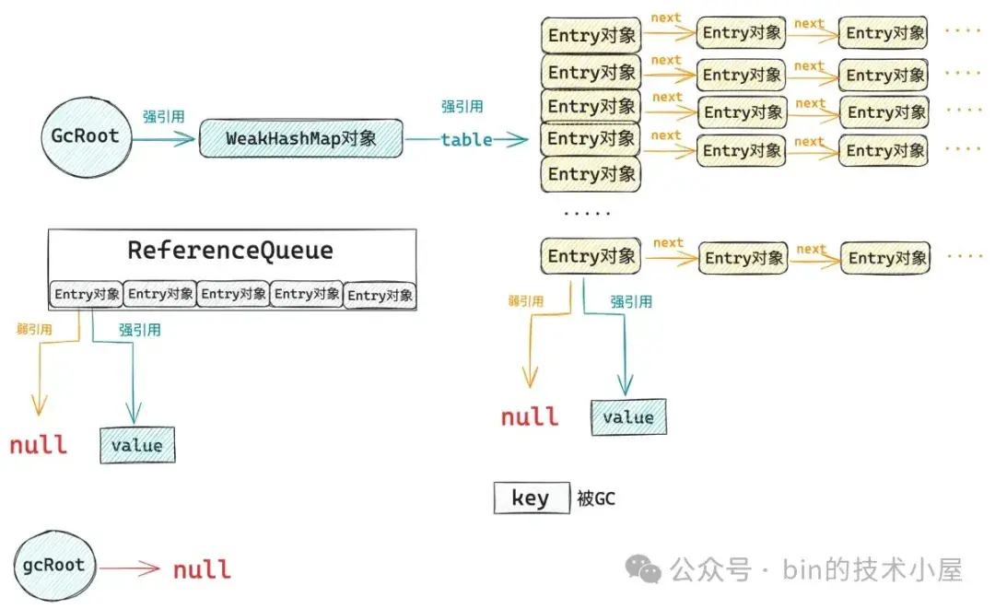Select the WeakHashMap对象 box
300,139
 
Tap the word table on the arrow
466,140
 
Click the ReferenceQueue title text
230,251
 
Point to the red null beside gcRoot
202,569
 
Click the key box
531,498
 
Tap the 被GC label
595,499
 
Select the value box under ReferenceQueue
136,445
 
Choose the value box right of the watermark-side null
628,417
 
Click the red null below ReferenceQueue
39,445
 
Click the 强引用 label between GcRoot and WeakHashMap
163,117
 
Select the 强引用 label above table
462,107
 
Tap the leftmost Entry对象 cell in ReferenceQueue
87,295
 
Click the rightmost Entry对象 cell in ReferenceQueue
380,296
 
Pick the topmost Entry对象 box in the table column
590,35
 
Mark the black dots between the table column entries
587,213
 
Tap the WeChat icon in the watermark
643,568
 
